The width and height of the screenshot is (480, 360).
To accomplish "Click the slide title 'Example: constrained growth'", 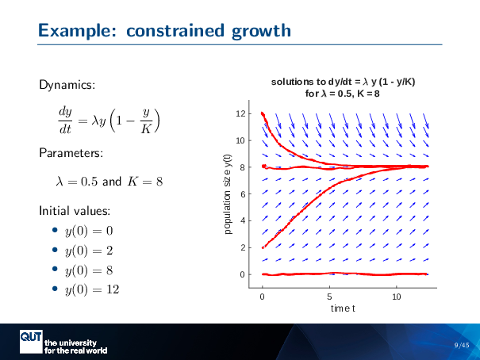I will [x=163, y=31].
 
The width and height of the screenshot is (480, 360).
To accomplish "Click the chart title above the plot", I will [x=343, y=87].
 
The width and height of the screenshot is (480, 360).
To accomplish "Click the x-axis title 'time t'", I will [x=343, y=307].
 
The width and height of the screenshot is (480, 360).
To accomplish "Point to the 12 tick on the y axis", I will [x=250, y=113].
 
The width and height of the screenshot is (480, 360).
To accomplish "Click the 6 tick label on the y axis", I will [x=252, y=194].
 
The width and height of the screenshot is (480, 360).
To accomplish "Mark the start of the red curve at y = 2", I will [x=263, y=247].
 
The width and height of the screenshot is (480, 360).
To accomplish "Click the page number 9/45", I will [x=462, y=345].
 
